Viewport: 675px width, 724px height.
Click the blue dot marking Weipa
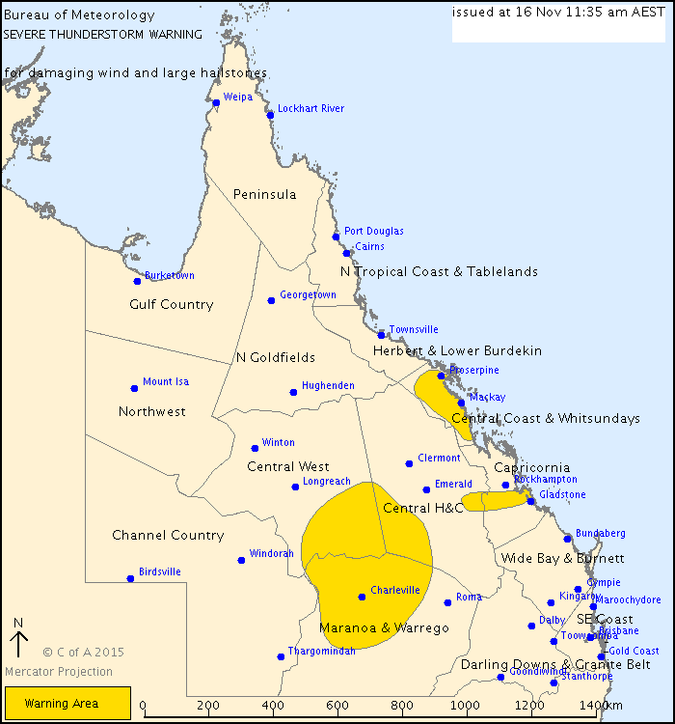[x=216, y=103]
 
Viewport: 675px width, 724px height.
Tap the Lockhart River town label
[x=310, y=109]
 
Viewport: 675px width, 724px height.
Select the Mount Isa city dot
[x=134, y=388]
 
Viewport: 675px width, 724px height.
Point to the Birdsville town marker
[x=130, y=578]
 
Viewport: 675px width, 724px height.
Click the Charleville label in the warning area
[x=395, y=590]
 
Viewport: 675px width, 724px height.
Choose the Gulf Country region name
[x=171, y=305]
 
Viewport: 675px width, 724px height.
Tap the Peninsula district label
[x=264, y=195]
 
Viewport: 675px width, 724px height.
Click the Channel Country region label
[x=168, y=536]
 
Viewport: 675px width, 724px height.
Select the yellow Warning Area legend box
[x=67, y=704]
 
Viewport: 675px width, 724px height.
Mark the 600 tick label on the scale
[x=338, y=707]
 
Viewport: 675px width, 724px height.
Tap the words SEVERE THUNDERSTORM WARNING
[x=103, y=34]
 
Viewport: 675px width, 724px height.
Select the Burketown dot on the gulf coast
[x=137, y=281]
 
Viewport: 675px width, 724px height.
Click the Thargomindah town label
[x=322, y=652]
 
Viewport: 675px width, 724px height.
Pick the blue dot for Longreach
[x=295, y=487]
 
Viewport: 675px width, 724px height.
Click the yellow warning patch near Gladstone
[x=494, y=501]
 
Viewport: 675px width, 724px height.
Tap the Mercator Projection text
[x=59, y=672]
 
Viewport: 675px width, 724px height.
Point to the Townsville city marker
[x=382, y=335]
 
